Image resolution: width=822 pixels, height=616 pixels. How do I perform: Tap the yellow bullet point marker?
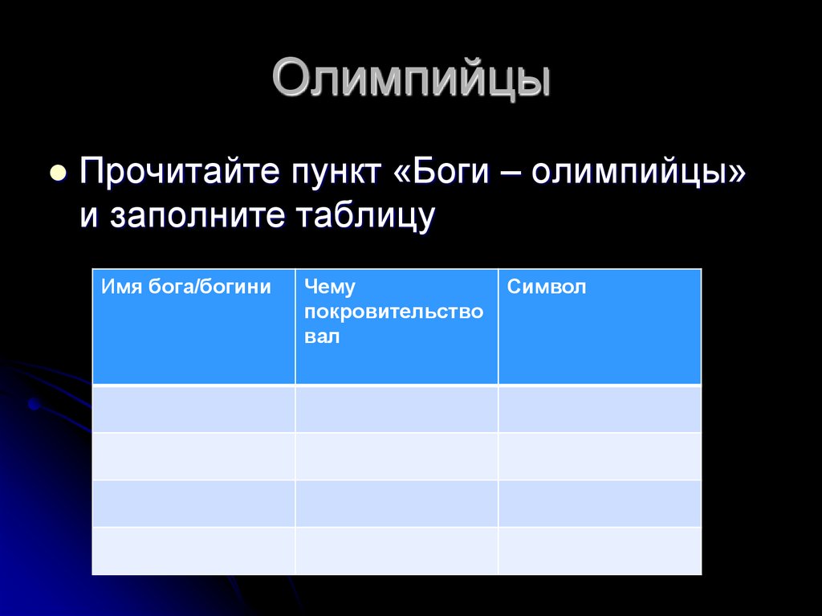point(57,173)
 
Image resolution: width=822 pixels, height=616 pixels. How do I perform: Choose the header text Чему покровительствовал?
point(393,312)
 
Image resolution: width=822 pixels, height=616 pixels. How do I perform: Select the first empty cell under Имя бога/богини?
point(193,409)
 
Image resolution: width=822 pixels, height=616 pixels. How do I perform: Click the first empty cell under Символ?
point(600,409)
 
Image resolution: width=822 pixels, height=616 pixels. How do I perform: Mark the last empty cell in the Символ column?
point(600,551)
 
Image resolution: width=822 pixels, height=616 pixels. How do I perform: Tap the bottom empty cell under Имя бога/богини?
point(193,551)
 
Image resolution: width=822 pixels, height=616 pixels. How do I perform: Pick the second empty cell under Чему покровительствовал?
point(397,456)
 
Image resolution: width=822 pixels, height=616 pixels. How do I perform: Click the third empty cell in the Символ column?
point(600,504)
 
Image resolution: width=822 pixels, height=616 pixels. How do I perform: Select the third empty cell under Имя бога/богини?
point(193,504)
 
